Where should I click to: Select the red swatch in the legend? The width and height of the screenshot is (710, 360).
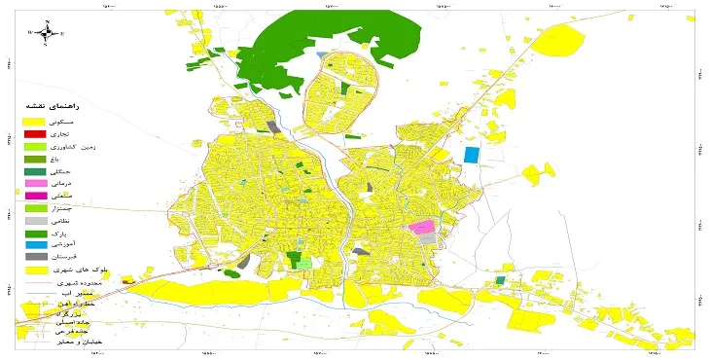point(35,133)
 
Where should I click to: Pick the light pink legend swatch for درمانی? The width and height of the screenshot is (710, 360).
point(35,184)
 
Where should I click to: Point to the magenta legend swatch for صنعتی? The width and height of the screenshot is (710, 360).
point(35,197)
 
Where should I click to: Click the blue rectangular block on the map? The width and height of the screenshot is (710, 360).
point(472,154)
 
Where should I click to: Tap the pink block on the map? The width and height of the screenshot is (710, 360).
point(421,227)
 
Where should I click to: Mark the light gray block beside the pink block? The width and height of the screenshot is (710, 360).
point(427,238)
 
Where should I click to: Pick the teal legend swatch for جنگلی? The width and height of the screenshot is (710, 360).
point(35,171)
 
